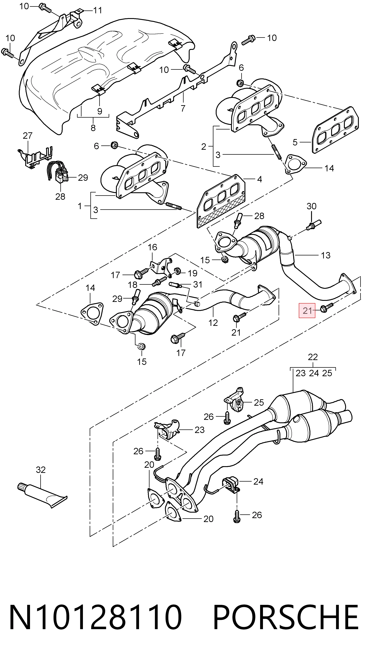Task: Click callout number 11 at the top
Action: point(98,10)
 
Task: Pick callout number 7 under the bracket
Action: point(183,108)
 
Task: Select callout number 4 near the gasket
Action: point(260,179)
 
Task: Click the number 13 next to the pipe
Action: point(325,255)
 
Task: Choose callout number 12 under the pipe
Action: point(213,323)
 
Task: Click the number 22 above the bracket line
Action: point(313,357)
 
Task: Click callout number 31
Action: point(198,285)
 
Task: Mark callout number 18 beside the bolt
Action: point(132,285)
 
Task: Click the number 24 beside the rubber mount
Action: point(258,482)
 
